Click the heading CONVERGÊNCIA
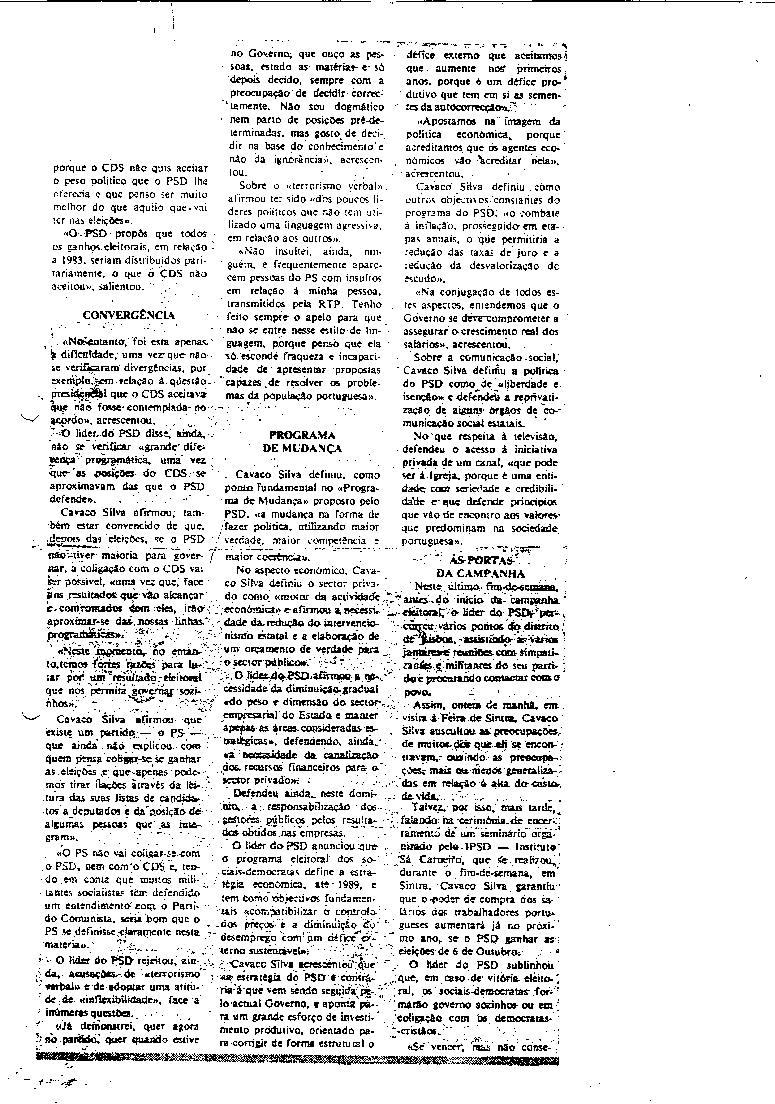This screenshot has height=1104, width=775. tap(129, 315)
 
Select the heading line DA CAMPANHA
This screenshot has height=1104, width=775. tap(480, 574)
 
